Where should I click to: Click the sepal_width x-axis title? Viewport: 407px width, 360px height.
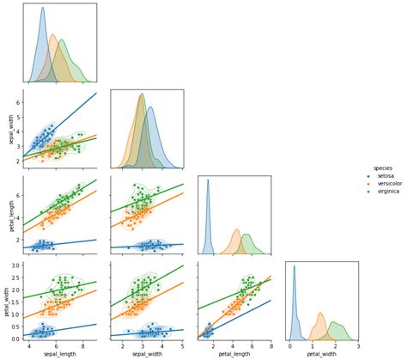[148, 353]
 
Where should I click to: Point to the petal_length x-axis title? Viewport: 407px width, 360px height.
[234, 353]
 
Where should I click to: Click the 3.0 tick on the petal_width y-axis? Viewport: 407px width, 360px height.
[18, 267]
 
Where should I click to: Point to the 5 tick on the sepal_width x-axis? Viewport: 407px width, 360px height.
[182, 345]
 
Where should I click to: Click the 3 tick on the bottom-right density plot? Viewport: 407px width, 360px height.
[356, 345]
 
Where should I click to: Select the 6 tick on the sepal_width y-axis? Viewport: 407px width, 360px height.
[20, 102]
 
